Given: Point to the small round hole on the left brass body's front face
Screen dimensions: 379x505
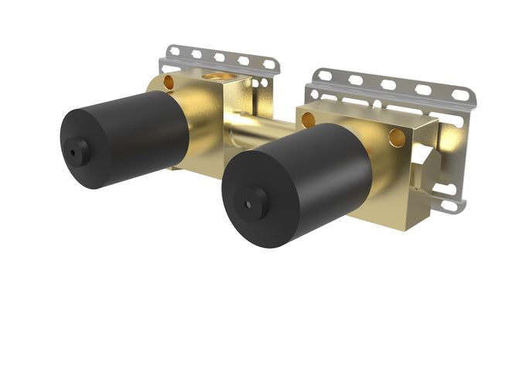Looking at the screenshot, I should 169,82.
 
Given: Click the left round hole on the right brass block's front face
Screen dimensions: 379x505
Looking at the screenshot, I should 309,120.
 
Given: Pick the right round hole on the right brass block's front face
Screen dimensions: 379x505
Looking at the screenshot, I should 397,138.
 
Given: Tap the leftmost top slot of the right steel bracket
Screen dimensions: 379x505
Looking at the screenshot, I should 323,76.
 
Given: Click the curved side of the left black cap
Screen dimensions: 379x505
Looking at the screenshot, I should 147,128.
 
